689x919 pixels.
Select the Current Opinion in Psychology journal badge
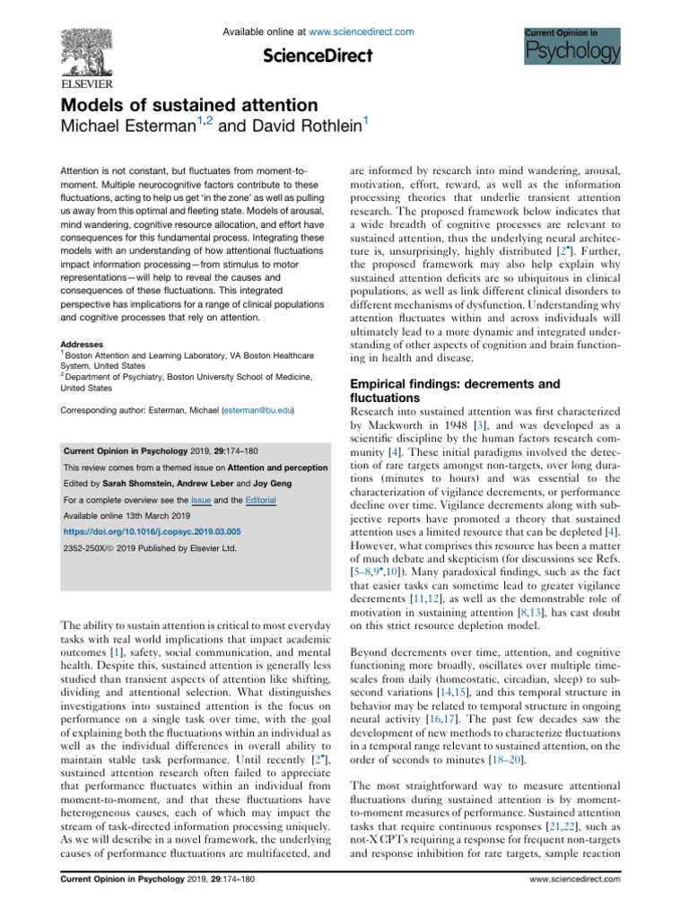tap(571, 45)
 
